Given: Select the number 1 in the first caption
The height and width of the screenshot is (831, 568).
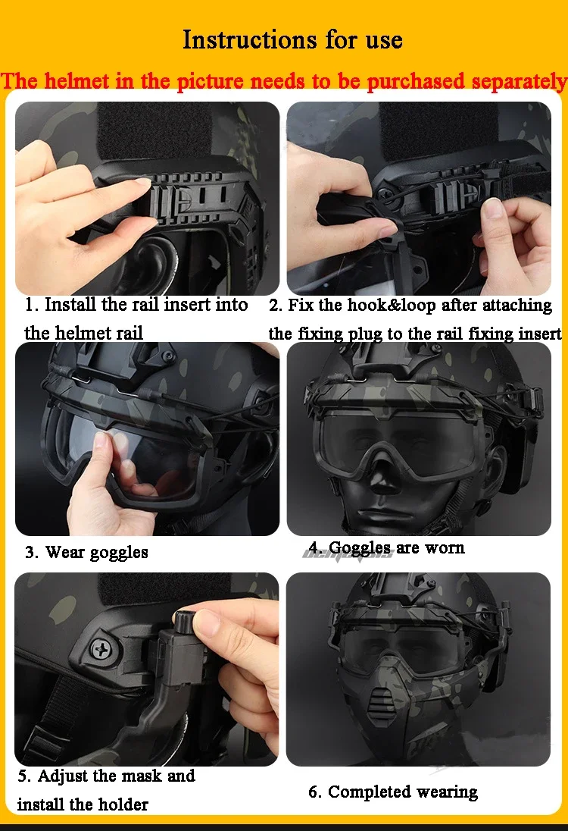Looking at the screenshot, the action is [31, 305].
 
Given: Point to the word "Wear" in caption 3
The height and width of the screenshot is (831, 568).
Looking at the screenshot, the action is [64, 552].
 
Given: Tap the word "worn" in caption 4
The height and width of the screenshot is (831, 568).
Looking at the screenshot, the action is [444, 547].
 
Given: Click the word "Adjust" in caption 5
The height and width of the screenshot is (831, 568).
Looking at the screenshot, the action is [62, 776].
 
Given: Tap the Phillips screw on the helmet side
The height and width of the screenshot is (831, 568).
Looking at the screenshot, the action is [100, 648].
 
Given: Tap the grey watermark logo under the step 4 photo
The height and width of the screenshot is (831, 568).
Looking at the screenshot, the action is [348, 553].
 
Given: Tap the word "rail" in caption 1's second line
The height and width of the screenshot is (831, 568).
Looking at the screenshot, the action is [130, 334].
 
